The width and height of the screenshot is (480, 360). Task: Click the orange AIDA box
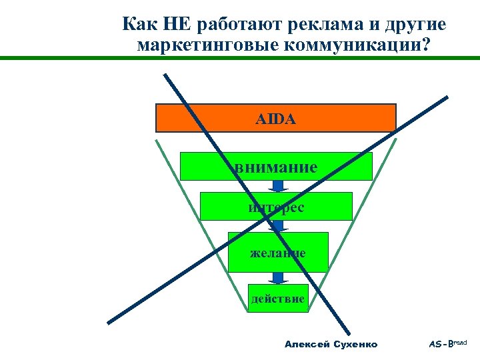click(275, 118)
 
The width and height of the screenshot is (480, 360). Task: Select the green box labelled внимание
click(276, 167)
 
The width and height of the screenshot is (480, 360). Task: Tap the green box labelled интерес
click(276, 207)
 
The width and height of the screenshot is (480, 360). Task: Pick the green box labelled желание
click(278, 252)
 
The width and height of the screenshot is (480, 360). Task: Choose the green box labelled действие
click(278, 299)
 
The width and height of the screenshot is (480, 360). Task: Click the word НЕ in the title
click(177, 25)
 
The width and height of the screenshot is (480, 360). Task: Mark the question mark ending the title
click(426, 45)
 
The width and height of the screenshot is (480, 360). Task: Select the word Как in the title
click(138, 25)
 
